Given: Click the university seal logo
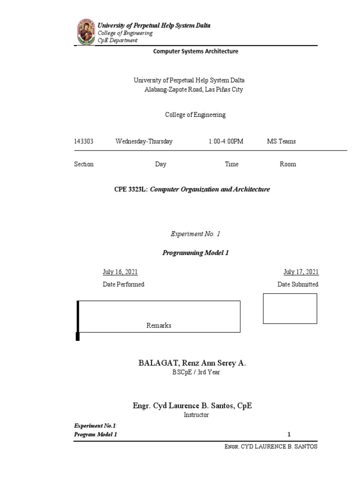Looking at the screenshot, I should (85, 32).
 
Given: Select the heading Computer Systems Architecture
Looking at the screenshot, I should (195, 52).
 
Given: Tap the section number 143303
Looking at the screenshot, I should (84, 142).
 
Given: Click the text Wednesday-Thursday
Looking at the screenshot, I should (144, 142).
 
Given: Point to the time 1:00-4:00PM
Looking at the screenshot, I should (226, 142).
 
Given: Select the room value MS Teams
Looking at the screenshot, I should (281, 142).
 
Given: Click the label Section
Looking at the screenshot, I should (84, 165).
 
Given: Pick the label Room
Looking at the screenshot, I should (288, 165).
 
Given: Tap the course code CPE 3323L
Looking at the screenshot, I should (131, 190).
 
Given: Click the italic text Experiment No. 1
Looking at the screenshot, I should (194, 234).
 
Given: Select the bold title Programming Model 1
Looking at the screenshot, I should (195, 253).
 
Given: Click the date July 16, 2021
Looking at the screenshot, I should (120, 272).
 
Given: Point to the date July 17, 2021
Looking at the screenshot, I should (301, 272).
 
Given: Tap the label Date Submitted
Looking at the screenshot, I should (298, 285).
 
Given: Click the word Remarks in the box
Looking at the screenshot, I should (159, 326).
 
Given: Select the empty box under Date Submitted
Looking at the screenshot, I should (290, 308).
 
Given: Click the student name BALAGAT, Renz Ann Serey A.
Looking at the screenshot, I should (192, 363).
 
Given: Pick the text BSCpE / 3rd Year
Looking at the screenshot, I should (196, 373).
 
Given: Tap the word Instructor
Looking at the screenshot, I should (196, 415).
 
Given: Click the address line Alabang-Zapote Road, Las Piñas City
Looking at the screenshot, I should (193, 90).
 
